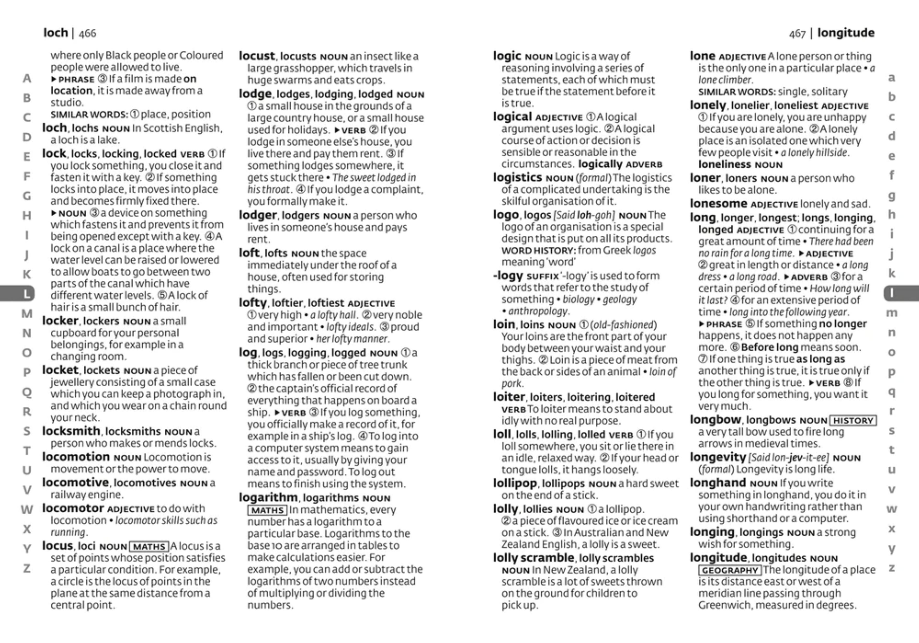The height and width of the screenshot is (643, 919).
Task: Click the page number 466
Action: pos(87,33)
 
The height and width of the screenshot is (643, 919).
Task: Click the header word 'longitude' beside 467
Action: pos(846,33)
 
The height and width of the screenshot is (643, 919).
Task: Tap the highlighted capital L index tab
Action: pos(26,294)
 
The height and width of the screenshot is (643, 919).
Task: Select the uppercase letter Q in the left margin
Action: pos(26,392)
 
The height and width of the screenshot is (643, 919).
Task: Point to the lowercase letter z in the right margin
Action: pos(892,568)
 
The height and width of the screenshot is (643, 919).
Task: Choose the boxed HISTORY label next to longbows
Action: pos(853,420)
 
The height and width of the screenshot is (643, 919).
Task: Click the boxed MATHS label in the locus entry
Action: pos(149,546)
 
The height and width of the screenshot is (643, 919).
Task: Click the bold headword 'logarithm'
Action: pos(268,498)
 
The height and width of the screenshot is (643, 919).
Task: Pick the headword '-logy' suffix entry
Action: pos(508,276)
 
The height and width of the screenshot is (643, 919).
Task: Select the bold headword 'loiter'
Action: pos(509,397)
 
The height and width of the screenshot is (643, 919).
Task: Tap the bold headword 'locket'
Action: pos(60,370)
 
